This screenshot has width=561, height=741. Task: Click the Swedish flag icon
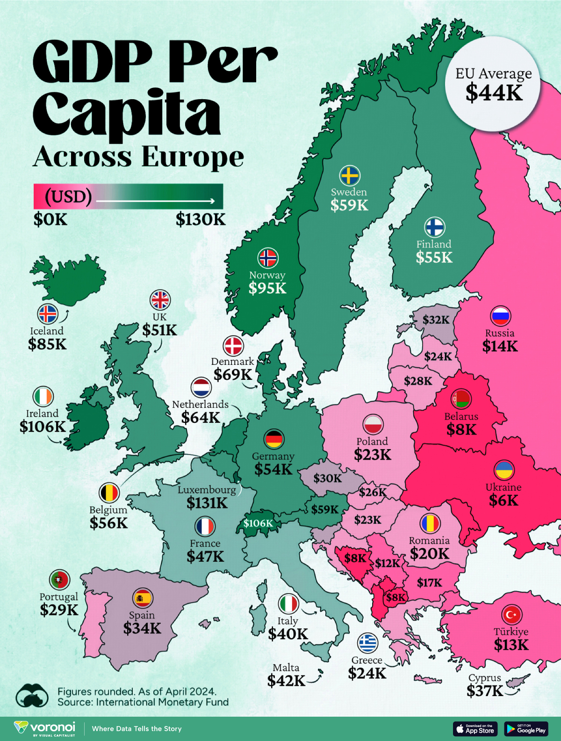pyautogui.click(x=349, y=176)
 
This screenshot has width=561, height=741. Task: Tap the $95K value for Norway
pyautogui.click(x=267, y=288)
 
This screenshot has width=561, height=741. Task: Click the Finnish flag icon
pyautogui.click(x=434, y=228)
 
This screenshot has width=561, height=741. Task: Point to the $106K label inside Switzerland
pyautogui.click(x=258, y=523)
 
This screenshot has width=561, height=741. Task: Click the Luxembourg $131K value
pyautogui.click(x=207, y=503)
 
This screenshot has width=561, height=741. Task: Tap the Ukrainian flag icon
pyautogui.click(x=504, y=470)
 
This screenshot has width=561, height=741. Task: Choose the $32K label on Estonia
pyautogui.click(x=436, y=320)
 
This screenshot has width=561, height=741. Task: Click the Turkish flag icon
pyautogui.click(x=511, y=615)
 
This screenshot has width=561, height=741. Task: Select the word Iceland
pyautogui.click(x=47, y=331)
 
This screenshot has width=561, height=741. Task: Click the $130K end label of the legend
pyautogui.click(x=201, y=219)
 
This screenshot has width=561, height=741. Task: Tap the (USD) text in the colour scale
pyautogui.click(x=68, y=196)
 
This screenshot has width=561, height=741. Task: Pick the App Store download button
pyautogui.click(x=475, y=729)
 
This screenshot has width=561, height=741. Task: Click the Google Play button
pyautogui.click(x=526, y=729)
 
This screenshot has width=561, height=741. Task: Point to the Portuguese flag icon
pyautogui.click(x=59, y=580)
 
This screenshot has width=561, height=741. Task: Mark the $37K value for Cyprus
pyautogui.click(x=485, y=690)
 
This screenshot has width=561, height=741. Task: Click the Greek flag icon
pyautogui.click(x=367, y=643)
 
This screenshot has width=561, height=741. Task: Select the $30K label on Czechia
pyautogui.click(x=327, y=478)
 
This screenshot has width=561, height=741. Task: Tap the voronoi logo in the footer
pyautogui.click(x=45, y=728)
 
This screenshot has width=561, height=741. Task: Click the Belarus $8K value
pyautogui.click(x=461, y=430)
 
